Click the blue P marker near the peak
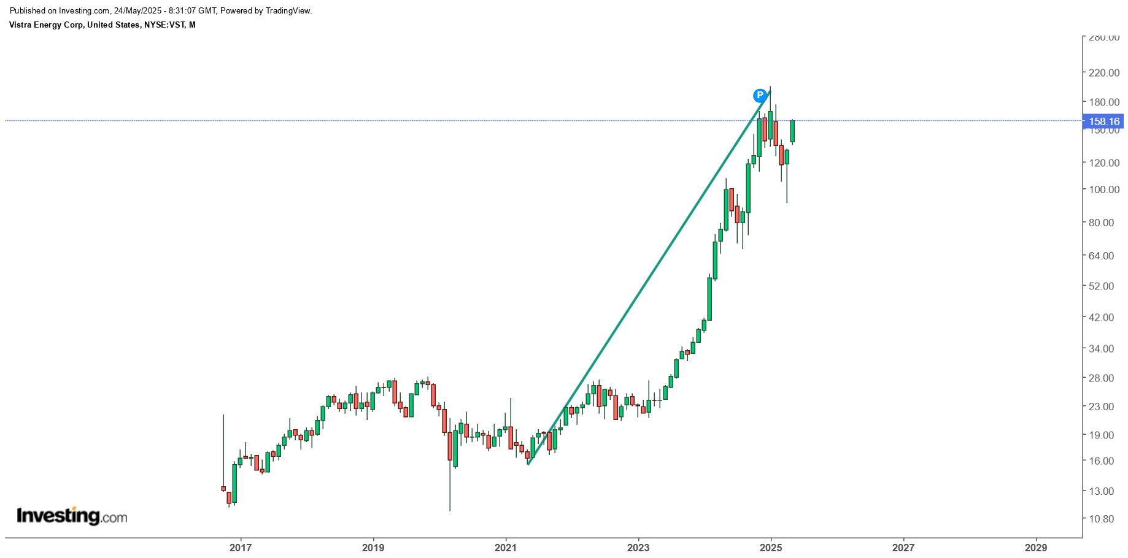[x=760, y=95]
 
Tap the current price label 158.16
[x=1103, y=121]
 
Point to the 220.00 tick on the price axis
[x=1103, y=73]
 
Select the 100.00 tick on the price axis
[x=1103, y=189]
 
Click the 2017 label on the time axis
[x=241, y=548]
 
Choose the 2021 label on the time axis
[x=506, y=548]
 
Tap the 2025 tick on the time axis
[x=771, y=548]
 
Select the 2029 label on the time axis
[x=1036, y=548]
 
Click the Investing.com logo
[x=72, y=516]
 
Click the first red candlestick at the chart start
[x=223, y=489]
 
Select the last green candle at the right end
[x=792, y=131]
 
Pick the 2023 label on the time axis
[x=638, y=548]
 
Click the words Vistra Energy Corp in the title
[x=46, y=25]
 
